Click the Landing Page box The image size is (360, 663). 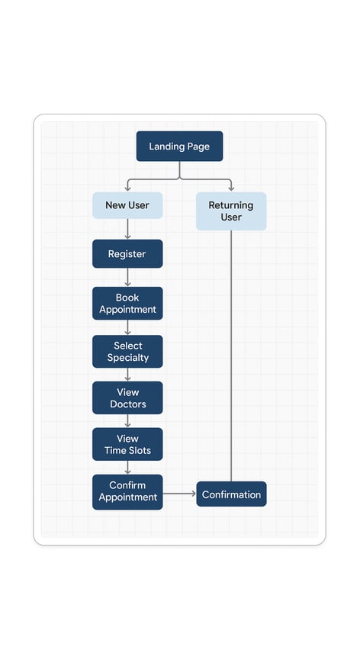click(x=179, y=146)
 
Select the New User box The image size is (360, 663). click(x=127, y=205)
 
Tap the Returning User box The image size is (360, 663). click(x=231, y=211)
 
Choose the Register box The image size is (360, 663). click(x=127, y=254)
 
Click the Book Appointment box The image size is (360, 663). click(x=127, y=303)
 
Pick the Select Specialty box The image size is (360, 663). click(x=127, y=352)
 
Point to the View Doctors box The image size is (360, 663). click(x=127, y=398)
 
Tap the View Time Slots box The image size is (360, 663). click(x=127, y=444)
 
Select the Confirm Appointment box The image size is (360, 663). click(x=127, y=492)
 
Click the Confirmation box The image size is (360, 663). click(x=231, y=494)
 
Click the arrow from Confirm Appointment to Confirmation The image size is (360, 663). click(x=179, y=494)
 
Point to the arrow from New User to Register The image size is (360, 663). click(x=127, y=229)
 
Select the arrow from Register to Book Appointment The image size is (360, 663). click(x=127, y=278)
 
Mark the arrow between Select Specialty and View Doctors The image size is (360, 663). click(x=127, y=375)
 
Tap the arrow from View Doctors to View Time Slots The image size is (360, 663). click(x=127, y=420)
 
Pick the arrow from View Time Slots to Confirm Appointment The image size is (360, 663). click(x=127, y=467)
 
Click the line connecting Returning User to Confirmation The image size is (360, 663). click(x=231, y=356)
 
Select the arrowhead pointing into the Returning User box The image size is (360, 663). click(x=231, y=188)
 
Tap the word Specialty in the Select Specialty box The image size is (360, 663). click(x=127, y=358)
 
